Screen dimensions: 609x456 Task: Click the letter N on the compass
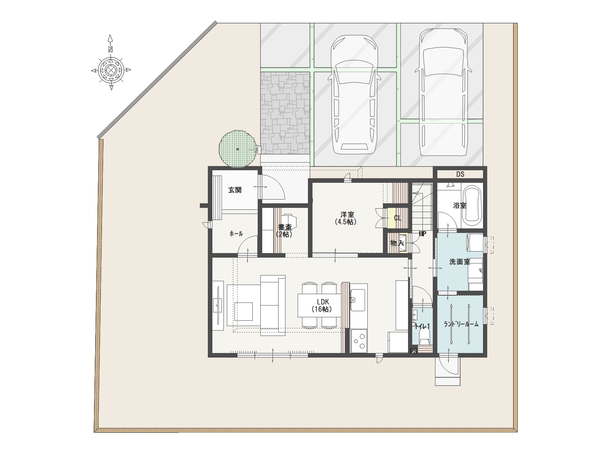110,49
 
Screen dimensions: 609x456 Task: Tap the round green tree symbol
237,149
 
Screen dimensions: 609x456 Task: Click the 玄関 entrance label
235,190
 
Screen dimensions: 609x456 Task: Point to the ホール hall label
236,234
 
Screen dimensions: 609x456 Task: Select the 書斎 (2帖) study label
284,231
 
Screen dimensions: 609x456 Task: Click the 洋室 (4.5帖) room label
346,218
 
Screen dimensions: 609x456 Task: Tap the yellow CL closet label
398,218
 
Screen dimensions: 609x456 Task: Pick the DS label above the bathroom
460,174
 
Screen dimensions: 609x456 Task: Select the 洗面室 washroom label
459,262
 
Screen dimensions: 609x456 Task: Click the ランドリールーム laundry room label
461,324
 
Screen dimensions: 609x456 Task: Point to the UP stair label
422,234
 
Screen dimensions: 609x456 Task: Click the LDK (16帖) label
322,306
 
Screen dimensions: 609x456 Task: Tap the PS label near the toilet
413,351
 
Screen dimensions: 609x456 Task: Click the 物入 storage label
397,243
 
